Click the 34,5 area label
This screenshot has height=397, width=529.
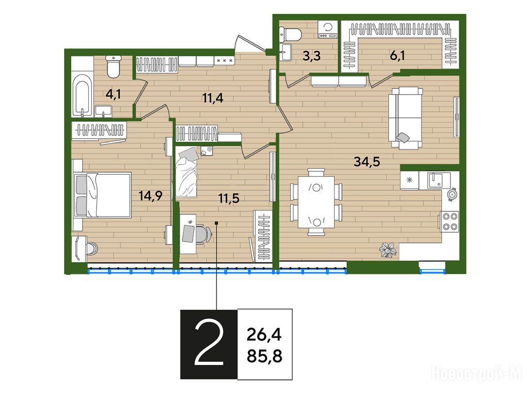(x=367, y=162)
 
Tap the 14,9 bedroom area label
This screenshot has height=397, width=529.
(x=151, y=195)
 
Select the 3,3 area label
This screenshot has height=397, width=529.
(x=312, y=56)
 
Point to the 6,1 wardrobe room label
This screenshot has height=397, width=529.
(x=397, y=56)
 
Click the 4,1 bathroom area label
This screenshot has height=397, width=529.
(x=113, y=94)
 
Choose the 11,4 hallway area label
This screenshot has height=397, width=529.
(x=212, y=98)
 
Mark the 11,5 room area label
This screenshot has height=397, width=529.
(x=229, y=198)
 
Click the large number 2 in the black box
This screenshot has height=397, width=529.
(x=209, y=344)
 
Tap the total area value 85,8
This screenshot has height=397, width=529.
(x=264, y=356)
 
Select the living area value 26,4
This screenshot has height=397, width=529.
(x=264, y=335)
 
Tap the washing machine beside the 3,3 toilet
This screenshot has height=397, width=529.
(x=328, y=29)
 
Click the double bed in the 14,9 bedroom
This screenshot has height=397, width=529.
(x=103, y=195)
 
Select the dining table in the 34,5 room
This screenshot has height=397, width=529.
(x=316, y=203)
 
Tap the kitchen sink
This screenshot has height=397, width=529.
(x=439, y=180)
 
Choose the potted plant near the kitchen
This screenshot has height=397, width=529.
(x=388, y=250)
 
